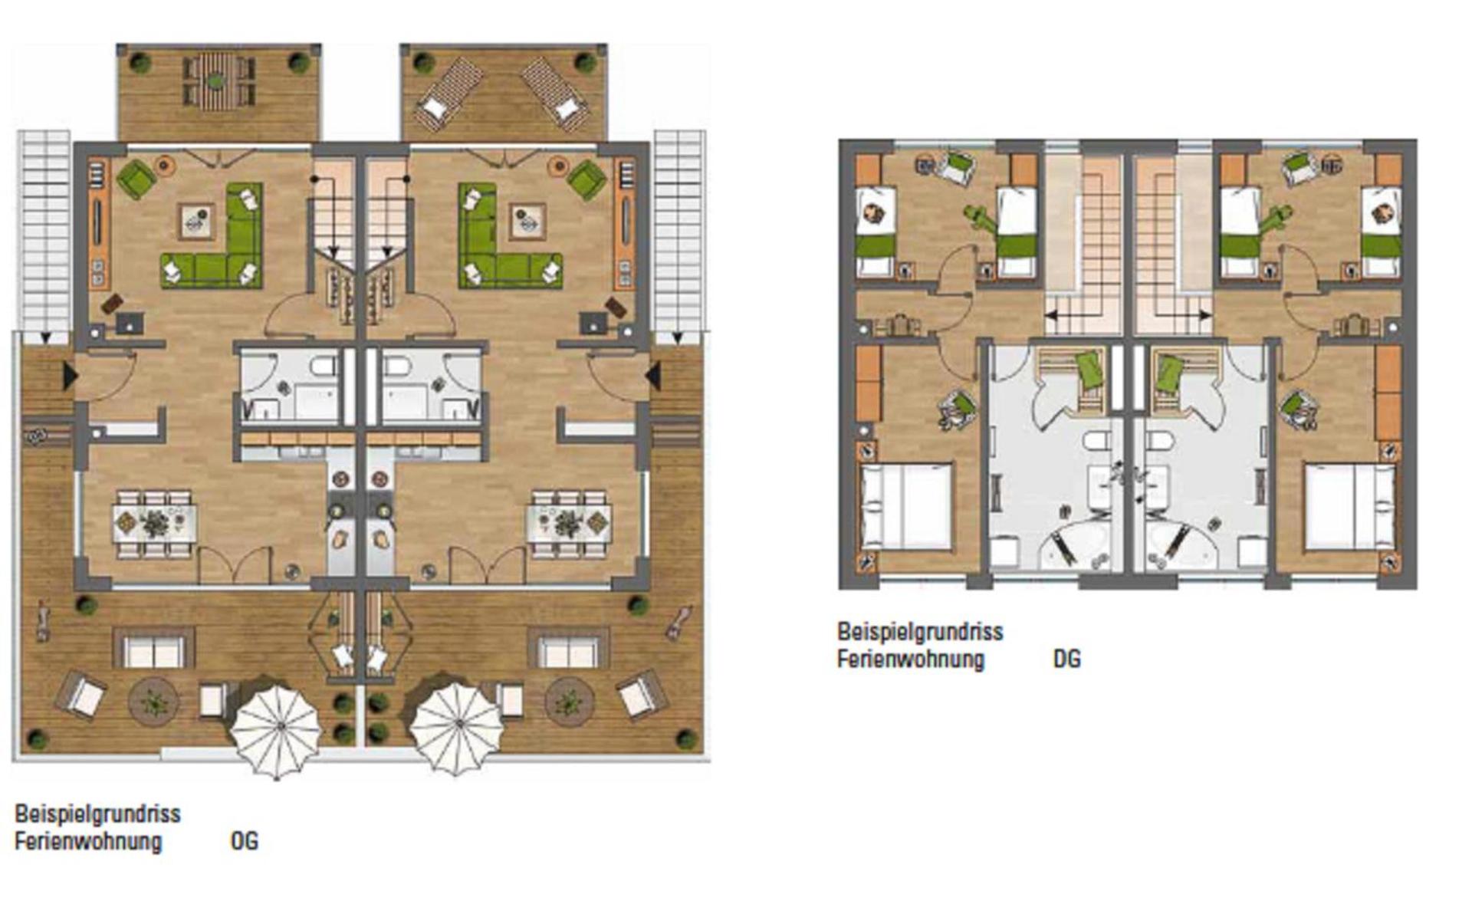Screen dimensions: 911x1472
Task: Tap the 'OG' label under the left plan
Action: coord(244,841)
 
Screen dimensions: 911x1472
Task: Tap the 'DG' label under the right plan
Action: coord(1066,659)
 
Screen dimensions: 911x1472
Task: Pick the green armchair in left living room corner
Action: coord(136,179)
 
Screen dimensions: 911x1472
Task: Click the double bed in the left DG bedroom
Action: coord(906,506)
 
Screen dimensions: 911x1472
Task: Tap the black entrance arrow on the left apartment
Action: coord(69,377)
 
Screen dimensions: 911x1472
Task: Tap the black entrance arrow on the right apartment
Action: coord(653,377)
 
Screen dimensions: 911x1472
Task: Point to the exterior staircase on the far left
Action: coord(44,230)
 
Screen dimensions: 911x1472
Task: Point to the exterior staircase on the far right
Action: coord(679,230)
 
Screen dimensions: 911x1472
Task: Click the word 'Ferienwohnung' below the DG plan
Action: coord(910,659)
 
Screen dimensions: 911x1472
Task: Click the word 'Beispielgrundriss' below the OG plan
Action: coord(97,813)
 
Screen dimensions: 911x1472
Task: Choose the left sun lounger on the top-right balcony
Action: coord(449,90)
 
